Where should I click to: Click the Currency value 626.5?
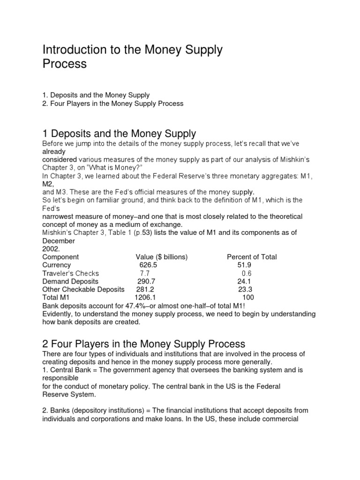(148, 265)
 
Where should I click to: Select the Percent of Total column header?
(252, 257)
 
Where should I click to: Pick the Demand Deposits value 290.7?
(147, 281)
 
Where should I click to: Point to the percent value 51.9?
(244, 265)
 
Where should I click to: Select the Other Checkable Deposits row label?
(83, 289)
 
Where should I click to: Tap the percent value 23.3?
(245, 289)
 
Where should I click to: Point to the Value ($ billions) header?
(162, 257)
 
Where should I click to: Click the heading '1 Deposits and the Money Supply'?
(119, 135)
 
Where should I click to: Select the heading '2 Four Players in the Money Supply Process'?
(143, 344)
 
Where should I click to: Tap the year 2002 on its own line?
(50, 249)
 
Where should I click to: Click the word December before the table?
(59, 241)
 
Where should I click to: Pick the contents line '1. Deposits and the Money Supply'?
(96, 95)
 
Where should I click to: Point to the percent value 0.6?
(247, 273)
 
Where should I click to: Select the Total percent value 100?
(248, 297)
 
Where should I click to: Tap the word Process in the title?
(65, 64)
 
